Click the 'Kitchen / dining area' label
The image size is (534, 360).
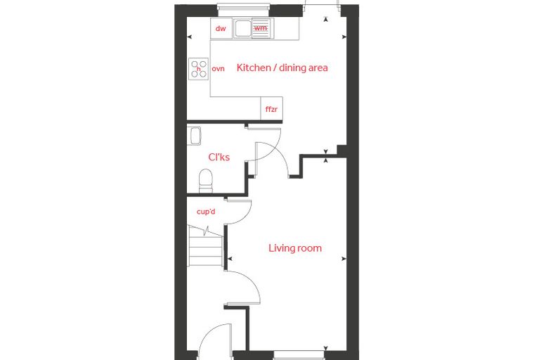click(x=282, y=67)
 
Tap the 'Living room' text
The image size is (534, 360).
click(x=295, y=247)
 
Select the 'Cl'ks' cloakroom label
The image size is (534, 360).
click(x=219, y=157)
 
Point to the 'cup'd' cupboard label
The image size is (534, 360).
click(x=206, y=212)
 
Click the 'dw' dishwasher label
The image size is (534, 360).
click(x=221, y=28)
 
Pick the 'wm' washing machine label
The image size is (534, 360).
click(x=261, y=28)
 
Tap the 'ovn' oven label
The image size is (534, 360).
click(x=218, y=68)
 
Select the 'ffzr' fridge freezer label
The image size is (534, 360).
click(x=271, y=110)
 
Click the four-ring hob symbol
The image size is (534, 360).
click(x=199, y=69)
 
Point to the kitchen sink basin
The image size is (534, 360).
click(x=242, y=28)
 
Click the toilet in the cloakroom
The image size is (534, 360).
click(x=206, y=181)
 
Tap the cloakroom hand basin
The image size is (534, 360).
click(x=195, y=136)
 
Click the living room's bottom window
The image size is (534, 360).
click(x=299, y=354)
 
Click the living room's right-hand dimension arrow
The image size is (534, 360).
click(x=344, y=259)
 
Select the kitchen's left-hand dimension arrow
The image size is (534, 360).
click(x=190, y=37)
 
